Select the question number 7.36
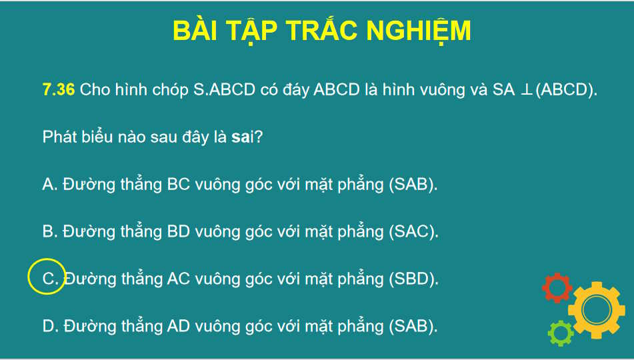(x=58, y=90)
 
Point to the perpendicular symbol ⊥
(x=525, y=91)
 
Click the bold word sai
(x=241, y=137)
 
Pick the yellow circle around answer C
(x=47, y=276)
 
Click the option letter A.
(x=49, y=185)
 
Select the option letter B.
(x=49, y=232)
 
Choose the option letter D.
(x=49, y=327)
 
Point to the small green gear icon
(x=561, y=332)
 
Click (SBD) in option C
(x=413, y=279)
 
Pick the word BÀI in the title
(x=194, y=31)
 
